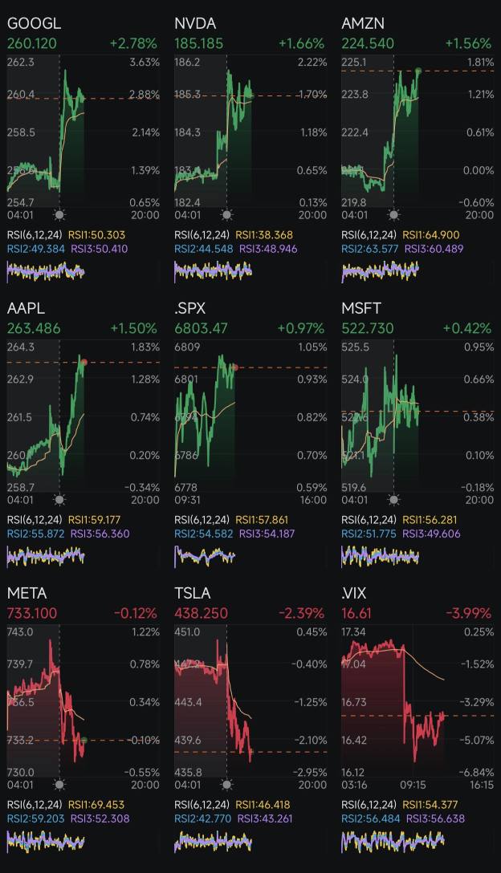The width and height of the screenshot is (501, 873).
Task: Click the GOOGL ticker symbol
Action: (34, 24)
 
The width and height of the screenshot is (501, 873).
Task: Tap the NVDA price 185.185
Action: (202, 43)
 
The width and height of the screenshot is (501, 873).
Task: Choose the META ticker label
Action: (27, 594)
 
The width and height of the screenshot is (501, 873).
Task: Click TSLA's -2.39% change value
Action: (301, 613)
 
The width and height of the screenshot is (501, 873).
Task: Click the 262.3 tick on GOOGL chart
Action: (21, 63)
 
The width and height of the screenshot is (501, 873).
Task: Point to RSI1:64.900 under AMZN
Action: (430, 235)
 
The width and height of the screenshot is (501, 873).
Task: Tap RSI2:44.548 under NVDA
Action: (198, 249)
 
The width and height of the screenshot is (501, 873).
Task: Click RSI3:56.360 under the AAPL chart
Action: (99, 534)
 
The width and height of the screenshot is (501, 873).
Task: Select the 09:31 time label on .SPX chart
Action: (187, 500)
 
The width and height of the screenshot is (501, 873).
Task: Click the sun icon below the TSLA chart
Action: (226, 785)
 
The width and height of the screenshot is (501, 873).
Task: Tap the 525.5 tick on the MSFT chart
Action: (355, 347)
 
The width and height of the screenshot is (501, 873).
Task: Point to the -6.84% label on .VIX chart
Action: (477, 772)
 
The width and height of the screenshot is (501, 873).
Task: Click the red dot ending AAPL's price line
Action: (83, 363)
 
